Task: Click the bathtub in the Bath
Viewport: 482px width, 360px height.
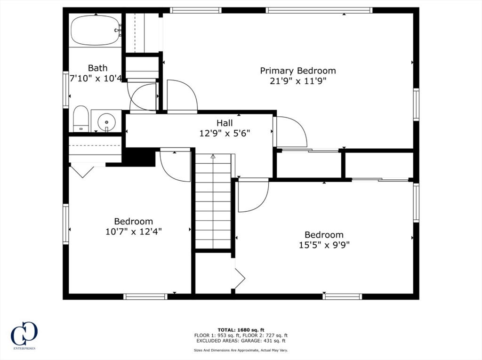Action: pyautogui.click(x=96, y=30)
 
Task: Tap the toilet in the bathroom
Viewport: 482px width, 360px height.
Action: pyautogui.click(x=81, y=119)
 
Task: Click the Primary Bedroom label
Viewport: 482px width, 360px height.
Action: pyautogui.click(x=298, y=71)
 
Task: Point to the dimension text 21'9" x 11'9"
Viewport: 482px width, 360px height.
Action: pyautogui.click(x=298, y=81)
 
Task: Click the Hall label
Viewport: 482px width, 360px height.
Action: pyautogui.click(x=225, y=123)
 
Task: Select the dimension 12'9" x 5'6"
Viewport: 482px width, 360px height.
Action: pyautogui.click(x=225, y=133)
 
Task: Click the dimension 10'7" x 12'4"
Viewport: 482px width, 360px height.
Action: pyautogui.click(x=133, y=232)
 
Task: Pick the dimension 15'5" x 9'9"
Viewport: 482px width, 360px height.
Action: pyautogui.click(x=324, y=245)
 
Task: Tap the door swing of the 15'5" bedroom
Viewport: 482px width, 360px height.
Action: pyautogui.click(x=252, y=195)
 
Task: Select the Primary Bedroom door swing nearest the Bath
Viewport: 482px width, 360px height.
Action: pyautogui.click(x=182, y=96)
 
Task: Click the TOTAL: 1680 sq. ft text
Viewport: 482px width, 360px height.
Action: pyautogui.click(x=241, y=329)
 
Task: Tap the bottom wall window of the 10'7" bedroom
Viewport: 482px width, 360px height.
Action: pyautogui.click(x=145, y=296)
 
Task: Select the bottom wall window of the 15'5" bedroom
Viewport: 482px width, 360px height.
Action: pyautogui.click(x=342, y=296)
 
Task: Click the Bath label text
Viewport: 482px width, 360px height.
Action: pyautogui.click(x=97, y=68)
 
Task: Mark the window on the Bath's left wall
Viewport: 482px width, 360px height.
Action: pyautogui.click(x=66, y=89)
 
